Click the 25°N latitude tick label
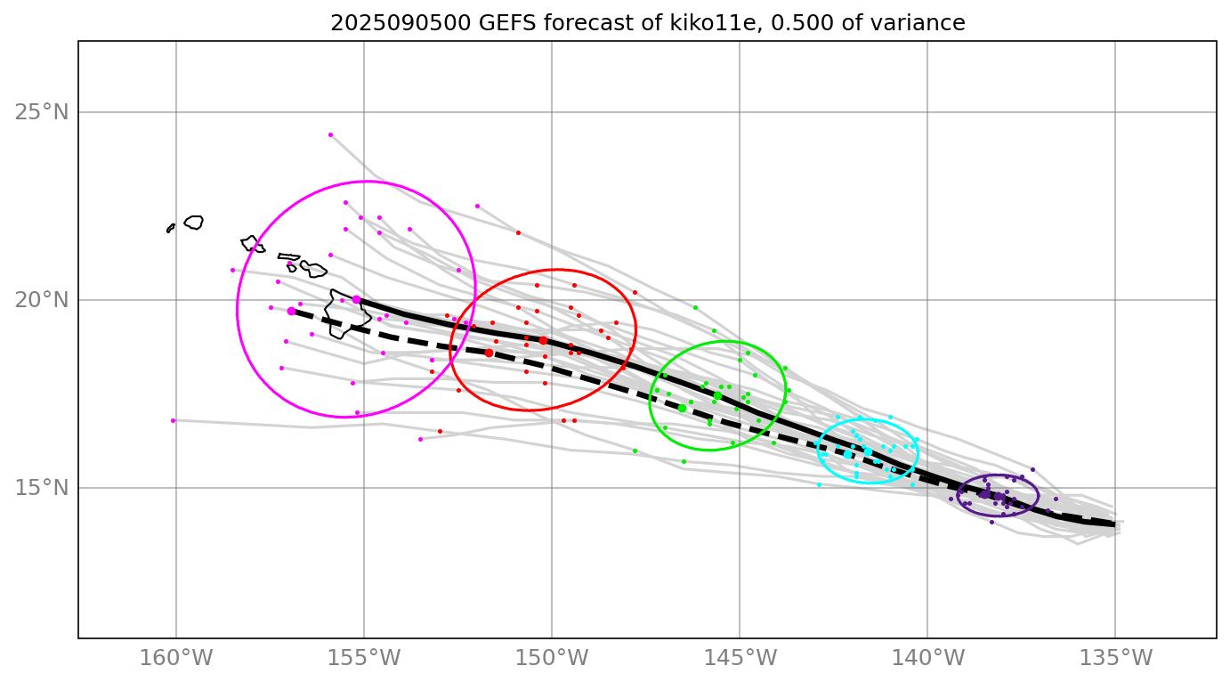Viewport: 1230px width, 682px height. [x=41, y=112]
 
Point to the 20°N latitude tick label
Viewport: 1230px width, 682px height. [x=41, y=300]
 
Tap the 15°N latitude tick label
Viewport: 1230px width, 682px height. [x=41, y=488]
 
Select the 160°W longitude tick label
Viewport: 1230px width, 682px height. [x=176, y=659]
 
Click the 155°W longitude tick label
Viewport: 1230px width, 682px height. [x=364, y=659]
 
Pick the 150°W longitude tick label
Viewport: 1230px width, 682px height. [x=552, y=659]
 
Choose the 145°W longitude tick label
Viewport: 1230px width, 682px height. [x=740, y=659]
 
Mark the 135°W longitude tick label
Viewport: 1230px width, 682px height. [x=1115, y=659]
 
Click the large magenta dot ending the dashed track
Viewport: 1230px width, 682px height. [x=291, y=311]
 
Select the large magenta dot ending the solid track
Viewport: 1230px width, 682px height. [x=356, y=300]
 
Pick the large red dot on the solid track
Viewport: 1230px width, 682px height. [x=543, y=340]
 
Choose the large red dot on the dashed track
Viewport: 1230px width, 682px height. [x=489, y=353]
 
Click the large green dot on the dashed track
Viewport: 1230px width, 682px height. [x=682, y=408]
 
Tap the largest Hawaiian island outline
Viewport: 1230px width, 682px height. [x=343, y=313]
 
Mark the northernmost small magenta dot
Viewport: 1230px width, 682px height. [x=330, y=134]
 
